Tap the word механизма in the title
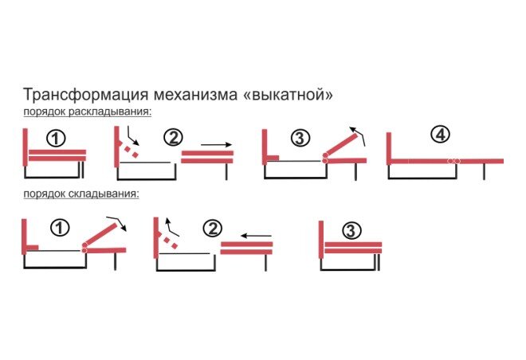tap(195, 96)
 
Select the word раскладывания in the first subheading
tap(110, 112)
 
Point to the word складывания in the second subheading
tap(104, 194)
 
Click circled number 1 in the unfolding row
tap(56, 139)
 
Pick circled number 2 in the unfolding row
tap(173, 137)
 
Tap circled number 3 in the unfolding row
tap(300, 138)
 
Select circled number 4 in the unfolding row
tap(441, 135)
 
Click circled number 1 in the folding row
tap(60, 228)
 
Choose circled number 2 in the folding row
tap(213, 229)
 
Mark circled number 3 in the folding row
tap(351, 231)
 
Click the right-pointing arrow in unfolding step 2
tap(216, 145)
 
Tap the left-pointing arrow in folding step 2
tap(256, 236)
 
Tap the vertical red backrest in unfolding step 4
tap(389, 148)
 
